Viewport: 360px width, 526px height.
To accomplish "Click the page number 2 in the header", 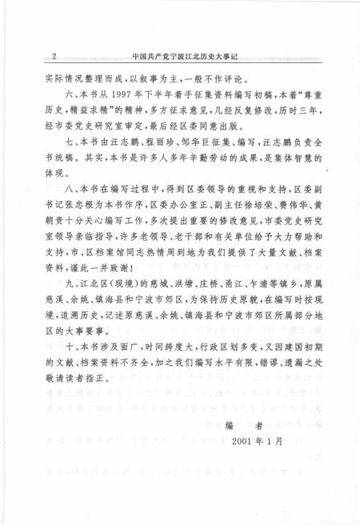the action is coord(52,57).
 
